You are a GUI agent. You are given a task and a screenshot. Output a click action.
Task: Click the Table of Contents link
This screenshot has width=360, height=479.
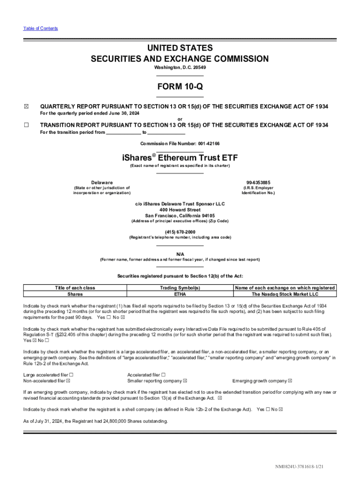[x=41, y=29]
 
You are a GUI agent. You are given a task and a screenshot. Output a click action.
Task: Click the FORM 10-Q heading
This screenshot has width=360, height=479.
[x=180, y=87]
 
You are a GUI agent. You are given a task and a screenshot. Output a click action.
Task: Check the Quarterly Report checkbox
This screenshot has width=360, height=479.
[x=26, y=107]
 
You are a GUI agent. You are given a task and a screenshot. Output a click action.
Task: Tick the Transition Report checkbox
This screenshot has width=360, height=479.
[x=26, y=125]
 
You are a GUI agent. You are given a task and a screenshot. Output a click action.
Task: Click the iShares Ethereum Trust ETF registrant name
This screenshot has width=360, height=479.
[x=180, y=158]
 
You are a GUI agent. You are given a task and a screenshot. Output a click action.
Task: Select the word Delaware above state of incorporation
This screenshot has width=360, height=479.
[x=102, y=182]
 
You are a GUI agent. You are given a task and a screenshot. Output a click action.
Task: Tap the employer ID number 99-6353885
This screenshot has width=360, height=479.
[x=258, y=182]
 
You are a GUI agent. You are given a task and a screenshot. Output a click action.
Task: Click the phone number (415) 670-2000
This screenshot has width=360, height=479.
[x=180, y=232]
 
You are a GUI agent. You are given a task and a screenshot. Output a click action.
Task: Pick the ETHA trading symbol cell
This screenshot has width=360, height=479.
[x=180, y=294]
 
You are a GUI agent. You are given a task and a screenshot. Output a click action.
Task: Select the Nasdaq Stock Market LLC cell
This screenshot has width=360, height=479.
[x=285, y=294]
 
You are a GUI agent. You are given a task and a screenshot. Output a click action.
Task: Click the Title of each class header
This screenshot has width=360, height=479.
[x=75, y=288]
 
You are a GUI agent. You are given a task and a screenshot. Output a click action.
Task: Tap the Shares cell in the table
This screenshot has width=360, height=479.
[x=75, y=294]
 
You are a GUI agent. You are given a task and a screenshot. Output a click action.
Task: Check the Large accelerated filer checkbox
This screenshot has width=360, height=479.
[x=71, y=375]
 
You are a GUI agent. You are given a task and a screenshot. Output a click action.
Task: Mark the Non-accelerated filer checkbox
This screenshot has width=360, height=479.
[x=68, y=381]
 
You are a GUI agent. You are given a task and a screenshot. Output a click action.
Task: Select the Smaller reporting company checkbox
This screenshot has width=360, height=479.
[x=185, y=381]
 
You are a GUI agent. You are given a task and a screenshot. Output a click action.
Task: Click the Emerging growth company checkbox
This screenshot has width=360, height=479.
[x=290, y=381]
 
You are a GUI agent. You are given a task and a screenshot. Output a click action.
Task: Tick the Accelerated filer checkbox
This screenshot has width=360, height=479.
[x=164, y=375]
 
